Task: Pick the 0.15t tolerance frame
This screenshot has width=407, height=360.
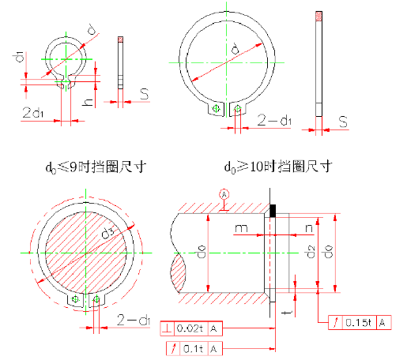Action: point(359,321)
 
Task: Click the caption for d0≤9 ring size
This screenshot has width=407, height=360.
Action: point(97,167)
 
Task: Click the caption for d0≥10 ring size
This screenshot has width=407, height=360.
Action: point(277,167)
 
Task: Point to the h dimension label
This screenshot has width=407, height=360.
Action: point(89,101)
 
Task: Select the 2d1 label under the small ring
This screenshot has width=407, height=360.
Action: point(33,114)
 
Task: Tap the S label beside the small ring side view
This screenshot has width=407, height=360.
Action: point(145,94)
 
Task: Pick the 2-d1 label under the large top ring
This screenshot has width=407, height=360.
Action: point(275,120)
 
